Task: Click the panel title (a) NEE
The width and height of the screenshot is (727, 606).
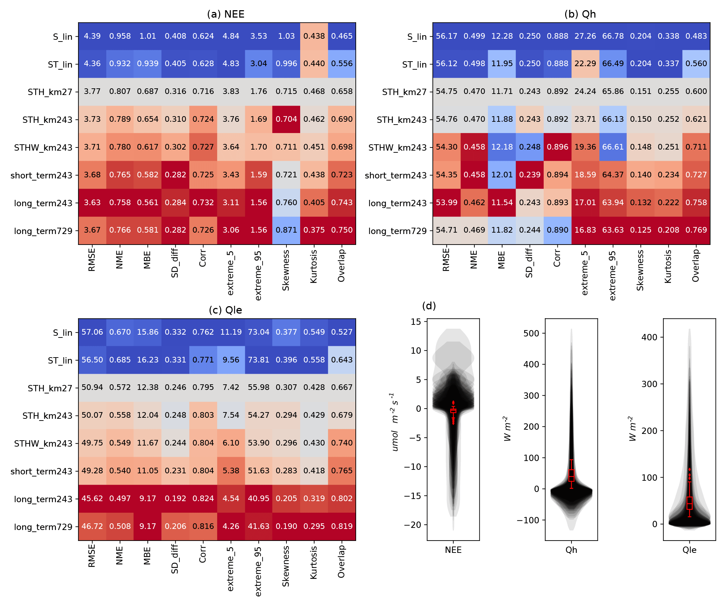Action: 226,14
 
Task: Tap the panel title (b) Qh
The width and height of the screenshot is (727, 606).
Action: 580,14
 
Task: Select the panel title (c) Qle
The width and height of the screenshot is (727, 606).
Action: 226,310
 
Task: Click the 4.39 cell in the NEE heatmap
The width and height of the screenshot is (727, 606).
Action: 92,36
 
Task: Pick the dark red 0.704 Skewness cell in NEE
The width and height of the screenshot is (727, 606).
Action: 286,119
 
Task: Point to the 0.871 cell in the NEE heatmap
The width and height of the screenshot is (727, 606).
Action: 286,230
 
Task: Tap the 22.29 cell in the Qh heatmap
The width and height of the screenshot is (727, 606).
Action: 585,64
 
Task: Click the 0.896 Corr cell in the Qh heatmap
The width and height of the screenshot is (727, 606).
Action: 557,147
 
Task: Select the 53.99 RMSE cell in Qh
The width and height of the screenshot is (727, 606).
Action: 447,203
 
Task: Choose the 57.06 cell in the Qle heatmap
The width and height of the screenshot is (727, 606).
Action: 92,332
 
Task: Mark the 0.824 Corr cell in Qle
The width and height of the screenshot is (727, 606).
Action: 203,499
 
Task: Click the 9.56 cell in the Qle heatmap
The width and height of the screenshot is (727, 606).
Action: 231,360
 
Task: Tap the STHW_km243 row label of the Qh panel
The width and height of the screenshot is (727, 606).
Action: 397,147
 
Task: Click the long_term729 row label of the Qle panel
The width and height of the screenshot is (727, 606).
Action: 43,527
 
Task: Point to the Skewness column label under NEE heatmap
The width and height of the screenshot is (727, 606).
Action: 286,270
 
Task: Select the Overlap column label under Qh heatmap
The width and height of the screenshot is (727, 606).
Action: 696,266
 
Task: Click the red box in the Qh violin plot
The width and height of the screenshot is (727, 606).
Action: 571,475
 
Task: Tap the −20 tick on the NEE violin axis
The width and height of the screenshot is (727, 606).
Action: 415,525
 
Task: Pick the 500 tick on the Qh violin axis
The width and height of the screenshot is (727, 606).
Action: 531,333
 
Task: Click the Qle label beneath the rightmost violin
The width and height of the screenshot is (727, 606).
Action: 689,550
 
